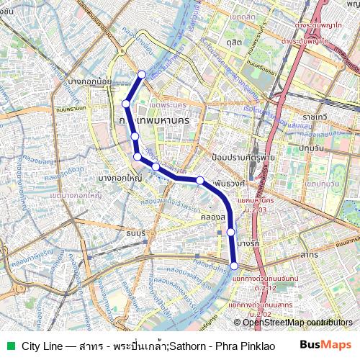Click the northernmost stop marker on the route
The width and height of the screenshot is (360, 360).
click(x=142, y=74)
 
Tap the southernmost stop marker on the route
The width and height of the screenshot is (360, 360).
click(x=234, y=266)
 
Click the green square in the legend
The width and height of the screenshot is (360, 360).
click(x=9, y=346)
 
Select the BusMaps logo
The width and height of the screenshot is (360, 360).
click(x=325, y=346)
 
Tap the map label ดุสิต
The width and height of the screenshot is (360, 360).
click(x=233, y=43)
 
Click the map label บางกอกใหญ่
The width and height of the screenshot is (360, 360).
click(x=118, y=177)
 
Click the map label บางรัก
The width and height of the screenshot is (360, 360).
click(x=247, y=244)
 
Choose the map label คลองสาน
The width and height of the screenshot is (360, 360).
click(x=214, y=216)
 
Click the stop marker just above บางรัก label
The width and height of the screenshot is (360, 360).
click(x=231, y=232)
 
